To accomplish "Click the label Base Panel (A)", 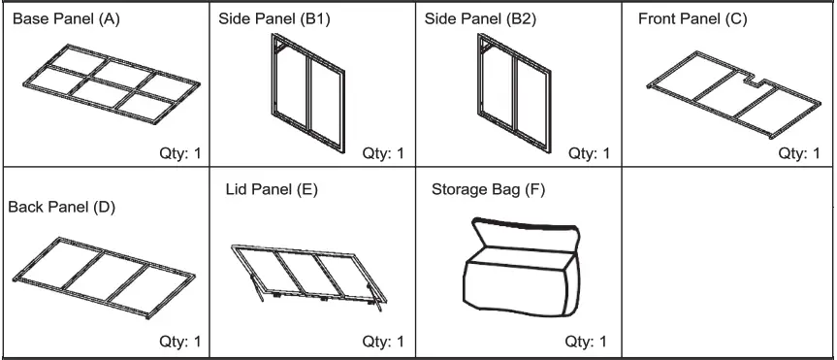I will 65,19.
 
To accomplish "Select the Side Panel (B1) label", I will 275,19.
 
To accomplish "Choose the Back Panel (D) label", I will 62,207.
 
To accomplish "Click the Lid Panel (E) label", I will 265,189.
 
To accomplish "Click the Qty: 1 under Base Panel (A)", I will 179,153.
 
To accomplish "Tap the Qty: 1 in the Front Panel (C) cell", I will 798,153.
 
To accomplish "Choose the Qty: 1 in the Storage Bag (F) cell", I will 586,341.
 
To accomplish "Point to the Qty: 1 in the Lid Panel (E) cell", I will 383,341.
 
